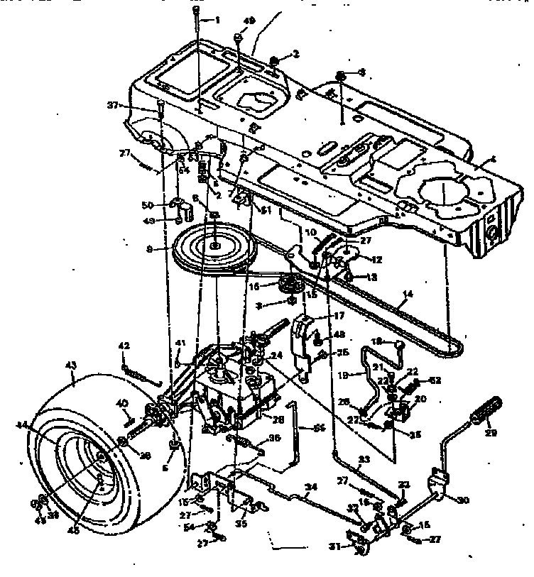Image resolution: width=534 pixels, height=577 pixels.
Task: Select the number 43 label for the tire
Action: [70, 365]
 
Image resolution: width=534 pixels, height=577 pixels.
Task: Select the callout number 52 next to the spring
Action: [435, 380]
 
